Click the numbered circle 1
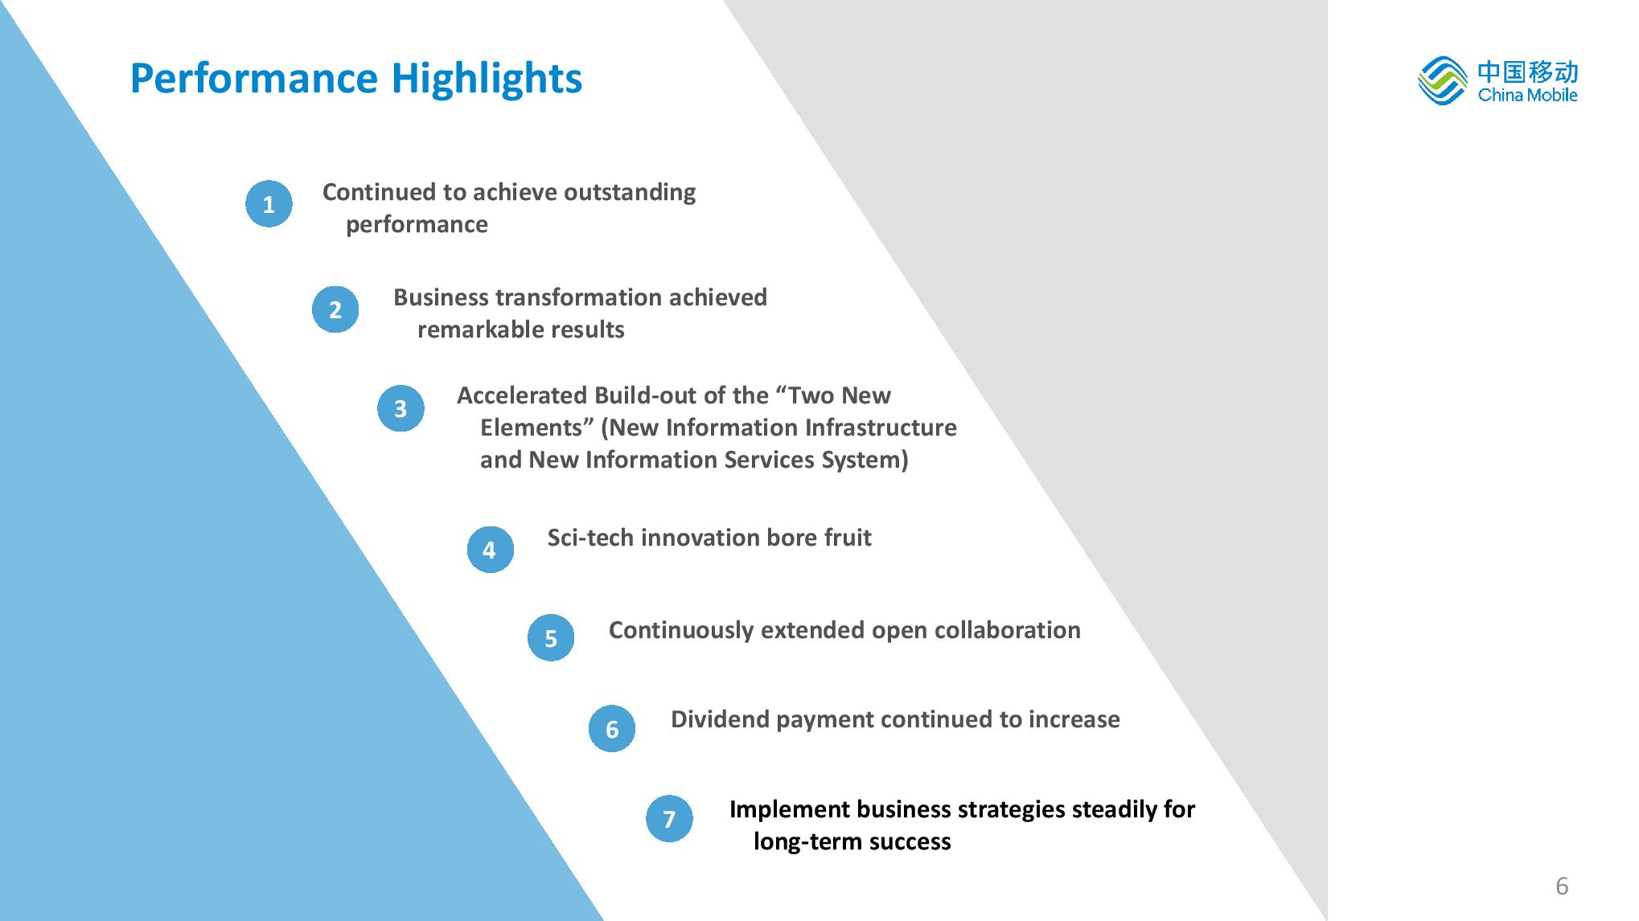point(269,204)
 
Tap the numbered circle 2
point(335,309)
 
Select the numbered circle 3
point(401,408)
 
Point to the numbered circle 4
point(490,550)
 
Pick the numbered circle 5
point(551,638)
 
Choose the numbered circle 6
point(612,729)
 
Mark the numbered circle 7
point(669,819)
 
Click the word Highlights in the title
point(487,80)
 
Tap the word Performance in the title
point(254,79)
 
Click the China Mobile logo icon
point(1443,80)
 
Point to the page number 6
point(1562,886)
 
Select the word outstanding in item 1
point(630,193)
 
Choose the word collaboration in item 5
point(1007,630)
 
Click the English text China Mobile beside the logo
point(1527,95)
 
